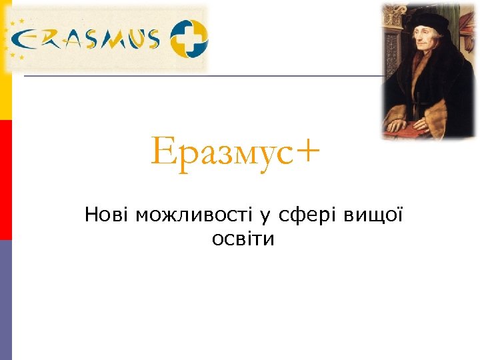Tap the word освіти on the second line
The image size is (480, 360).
(243, 239)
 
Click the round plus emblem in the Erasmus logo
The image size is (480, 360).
(188, 38)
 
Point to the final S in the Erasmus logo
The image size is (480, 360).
(150, 39)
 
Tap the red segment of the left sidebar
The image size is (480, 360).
(5, 179)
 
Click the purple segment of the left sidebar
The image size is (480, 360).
(5, 299)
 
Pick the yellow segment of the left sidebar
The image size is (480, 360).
(5, 60)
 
